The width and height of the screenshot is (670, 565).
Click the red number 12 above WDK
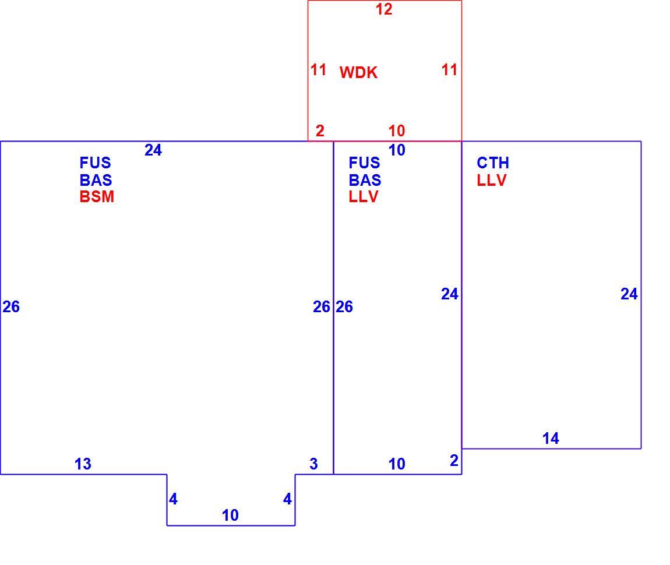coord(384,9)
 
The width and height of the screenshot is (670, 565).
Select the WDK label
coord(358,73)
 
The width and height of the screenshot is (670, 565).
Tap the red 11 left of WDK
coord(318,70)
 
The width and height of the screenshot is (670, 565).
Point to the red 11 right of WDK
coord(449,70)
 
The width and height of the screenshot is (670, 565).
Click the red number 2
coord(320,130)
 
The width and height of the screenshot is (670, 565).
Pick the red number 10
coord(397,130)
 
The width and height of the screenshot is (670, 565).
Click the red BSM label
coord(97,197)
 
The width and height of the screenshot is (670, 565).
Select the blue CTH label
coord(493,163)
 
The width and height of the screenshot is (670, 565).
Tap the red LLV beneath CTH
coord(491,180)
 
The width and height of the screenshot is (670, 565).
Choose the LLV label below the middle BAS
coord(364,197)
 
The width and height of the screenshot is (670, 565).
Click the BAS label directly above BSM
coord(96,180)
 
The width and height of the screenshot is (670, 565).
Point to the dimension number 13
coord(83,464)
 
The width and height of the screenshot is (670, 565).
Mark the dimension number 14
coord(551,438)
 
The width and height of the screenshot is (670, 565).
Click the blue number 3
coord(313,464)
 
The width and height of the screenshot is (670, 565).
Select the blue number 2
coord(454,460)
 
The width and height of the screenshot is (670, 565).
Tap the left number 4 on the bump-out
coord(173,499)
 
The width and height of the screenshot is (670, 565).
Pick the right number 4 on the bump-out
coord(287,499)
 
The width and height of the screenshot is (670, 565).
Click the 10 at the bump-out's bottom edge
coord(230,515)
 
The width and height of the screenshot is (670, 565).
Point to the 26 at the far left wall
coord(11,306)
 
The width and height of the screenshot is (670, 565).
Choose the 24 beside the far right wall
coord(629,294)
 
